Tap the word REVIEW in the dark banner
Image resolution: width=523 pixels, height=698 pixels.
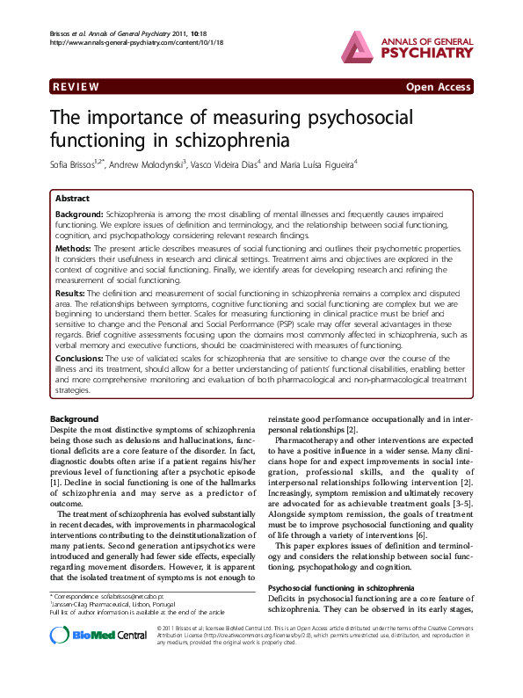(x=76, y=87)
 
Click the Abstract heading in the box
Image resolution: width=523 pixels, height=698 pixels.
(x=71, y=200)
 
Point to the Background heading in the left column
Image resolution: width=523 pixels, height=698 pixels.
(x=75, y=418)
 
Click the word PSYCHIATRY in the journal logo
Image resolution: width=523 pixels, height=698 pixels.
(x=429, y=52)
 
